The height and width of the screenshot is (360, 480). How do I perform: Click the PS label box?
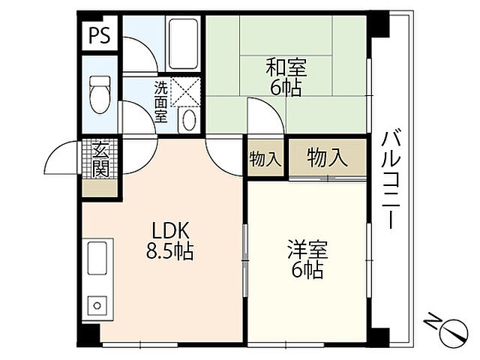click(x=99, y=36)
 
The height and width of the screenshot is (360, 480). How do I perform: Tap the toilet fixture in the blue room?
click(x=98, y=94)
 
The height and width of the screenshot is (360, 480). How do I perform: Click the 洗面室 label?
click(x=161, y=101)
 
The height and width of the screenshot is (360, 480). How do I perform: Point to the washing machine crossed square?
click(x=183, y=92)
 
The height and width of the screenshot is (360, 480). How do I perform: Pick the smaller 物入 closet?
click(x=265, y=159)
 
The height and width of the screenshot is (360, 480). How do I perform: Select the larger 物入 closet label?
click(x=328, y=157)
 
